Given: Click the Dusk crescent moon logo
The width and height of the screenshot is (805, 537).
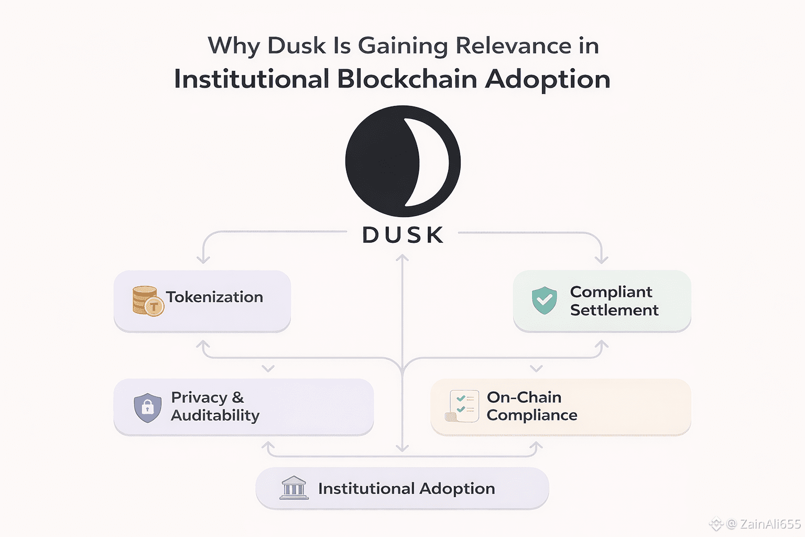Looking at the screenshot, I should [402, 161].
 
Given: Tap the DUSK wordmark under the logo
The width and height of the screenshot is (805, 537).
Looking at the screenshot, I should [402, 235].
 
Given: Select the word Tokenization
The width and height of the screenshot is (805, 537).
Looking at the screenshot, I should [215, 297].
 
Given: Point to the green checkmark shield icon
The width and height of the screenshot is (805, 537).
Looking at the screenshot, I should [545, 300].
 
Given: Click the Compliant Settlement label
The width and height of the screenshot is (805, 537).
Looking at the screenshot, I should [614, 301].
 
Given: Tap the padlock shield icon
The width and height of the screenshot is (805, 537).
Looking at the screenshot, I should [148, 407].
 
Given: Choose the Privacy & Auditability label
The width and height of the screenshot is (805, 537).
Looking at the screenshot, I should [215, 406].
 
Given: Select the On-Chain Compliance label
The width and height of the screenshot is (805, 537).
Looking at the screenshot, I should [531, 406].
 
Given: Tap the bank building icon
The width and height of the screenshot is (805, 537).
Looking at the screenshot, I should [294, 488].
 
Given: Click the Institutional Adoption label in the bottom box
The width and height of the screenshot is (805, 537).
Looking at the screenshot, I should [406, 489].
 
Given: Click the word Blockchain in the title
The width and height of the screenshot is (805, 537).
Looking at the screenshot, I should [407, 79].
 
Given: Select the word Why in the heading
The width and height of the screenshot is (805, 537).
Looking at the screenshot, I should [234, 46].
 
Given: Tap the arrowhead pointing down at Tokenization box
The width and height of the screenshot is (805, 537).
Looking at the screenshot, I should [203, 259].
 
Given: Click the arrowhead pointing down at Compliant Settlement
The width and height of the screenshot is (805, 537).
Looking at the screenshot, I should [602, 259].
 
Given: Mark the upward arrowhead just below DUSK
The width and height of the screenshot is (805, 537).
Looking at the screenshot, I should [402, 259].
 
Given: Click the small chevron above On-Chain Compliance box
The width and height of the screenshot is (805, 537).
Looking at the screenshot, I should [536, 369].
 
